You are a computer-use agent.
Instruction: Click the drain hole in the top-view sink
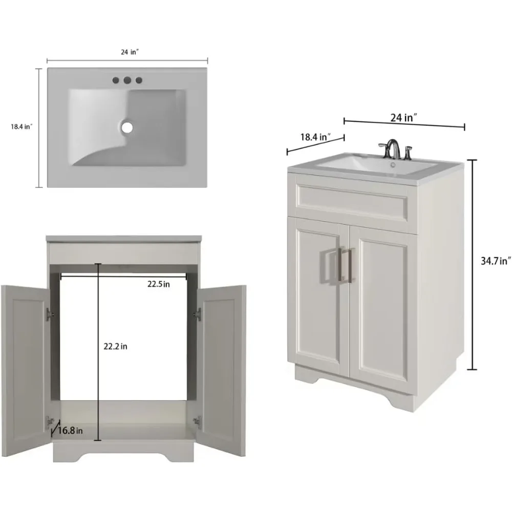click(x=127, y=127)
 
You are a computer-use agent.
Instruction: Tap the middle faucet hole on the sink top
click(x=127, y=80)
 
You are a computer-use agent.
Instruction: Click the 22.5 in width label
click(x=158, y=284)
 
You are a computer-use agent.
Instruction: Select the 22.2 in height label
click(x=115, y=347)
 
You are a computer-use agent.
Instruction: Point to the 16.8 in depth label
click(x=70, y=431)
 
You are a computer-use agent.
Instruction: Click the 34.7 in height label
click(x=495, y=261)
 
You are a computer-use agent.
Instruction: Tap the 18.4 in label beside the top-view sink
click(x=22, y=126)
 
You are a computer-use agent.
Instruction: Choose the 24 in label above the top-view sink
click(x=130, y=52)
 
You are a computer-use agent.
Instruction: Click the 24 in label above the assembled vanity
click(x=404, y=118)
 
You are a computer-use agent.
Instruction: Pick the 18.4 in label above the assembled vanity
click(x=315, y=137)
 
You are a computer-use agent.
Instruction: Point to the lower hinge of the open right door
click(x=197, y=421)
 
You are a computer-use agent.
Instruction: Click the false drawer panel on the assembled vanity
click(x=352, y=201)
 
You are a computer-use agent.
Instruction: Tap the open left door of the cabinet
click(x=26, y=371)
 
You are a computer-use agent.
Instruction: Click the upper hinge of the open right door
click(x=197, y=314)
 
